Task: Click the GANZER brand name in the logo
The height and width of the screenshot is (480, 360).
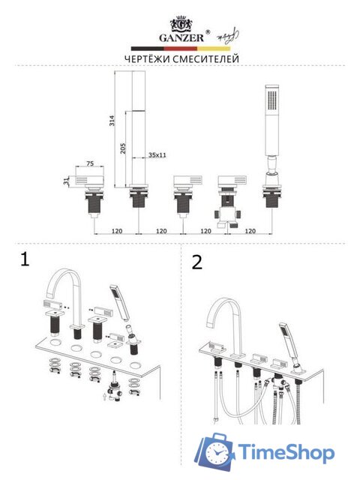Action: click(181, 37)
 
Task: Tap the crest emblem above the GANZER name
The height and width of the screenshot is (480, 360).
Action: click(181, 24)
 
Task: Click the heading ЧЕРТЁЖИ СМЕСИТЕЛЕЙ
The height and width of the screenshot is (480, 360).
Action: click(181, 58)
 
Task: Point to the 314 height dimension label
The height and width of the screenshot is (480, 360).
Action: click(112, 120)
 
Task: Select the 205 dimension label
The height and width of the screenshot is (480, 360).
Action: click(123, 148)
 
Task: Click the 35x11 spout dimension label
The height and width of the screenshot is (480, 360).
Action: click(157, 155)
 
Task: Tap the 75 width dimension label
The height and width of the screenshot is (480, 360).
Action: click(90, 163)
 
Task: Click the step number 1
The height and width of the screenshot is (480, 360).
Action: click(25, 259)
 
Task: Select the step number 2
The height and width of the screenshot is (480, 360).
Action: click(196, 262)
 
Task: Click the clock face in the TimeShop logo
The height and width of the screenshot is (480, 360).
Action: click(218, 453)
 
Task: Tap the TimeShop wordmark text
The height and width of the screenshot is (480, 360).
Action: click(286, 452)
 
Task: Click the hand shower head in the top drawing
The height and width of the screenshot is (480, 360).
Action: click(272, 120)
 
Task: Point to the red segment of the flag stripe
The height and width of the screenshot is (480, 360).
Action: click(180, 49)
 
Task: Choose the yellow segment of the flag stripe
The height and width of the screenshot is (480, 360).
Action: click(213, 49)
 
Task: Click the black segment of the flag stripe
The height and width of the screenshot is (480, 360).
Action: click(148, 49)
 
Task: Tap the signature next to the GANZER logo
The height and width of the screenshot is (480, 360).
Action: click(228, 36)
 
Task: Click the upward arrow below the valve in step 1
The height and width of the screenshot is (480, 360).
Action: click(105, 397)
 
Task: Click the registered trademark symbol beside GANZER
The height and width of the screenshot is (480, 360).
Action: click(208, 31)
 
